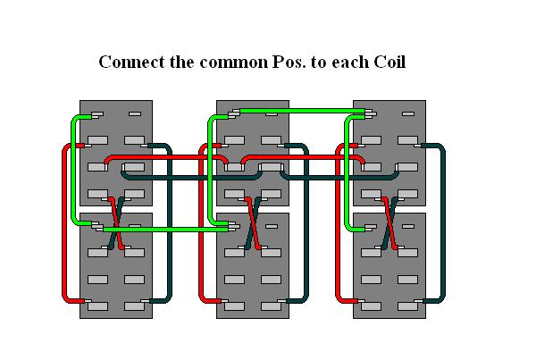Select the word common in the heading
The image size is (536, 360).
[x=232, y=63]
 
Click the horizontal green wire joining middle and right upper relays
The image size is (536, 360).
[x=299, y=110]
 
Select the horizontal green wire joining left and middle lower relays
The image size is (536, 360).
[x=165, y=230]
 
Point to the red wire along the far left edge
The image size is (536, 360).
[x=63, y=223]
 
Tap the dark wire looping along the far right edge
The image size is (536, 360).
[x=444, y=223]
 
